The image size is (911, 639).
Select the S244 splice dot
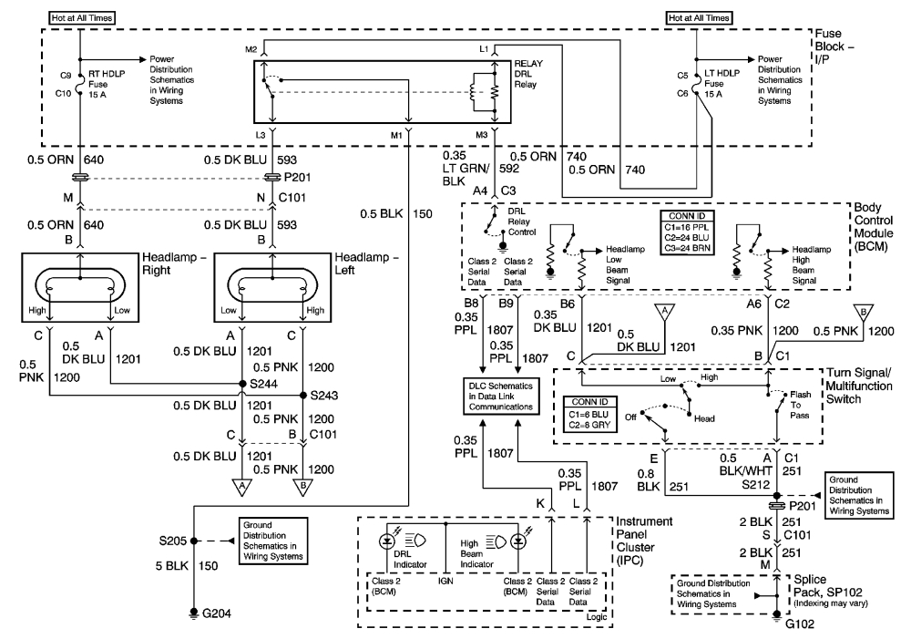pos(242,384)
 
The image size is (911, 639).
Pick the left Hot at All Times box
pos(81,16)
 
